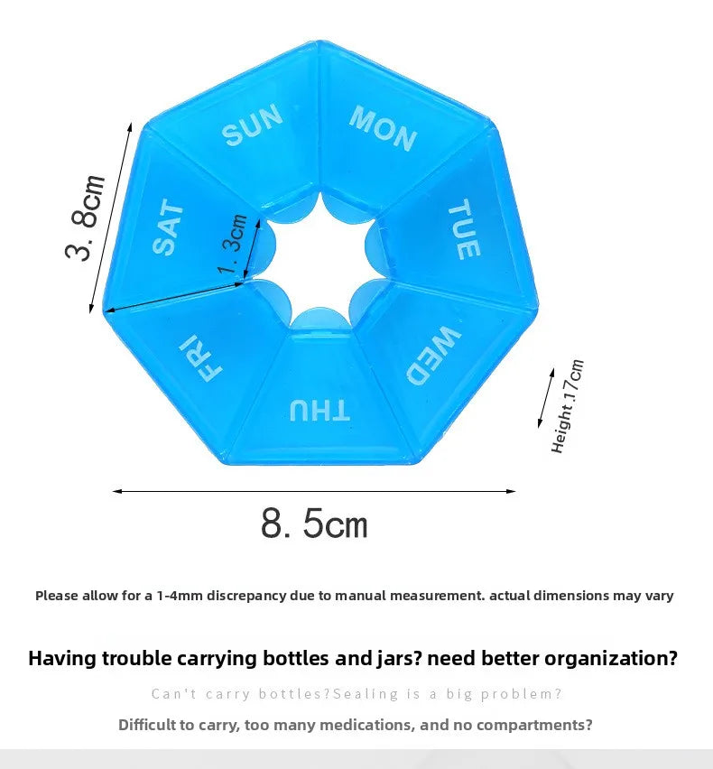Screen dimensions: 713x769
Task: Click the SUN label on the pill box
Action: [x=252, y=125]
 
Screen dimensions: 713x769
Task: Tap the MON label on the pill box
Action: [x=383, y=128]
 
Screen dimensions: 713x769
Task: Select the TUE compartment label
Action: [x=464, y=229]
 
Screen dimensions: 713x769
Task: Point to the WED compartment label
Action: [x=433, y=356]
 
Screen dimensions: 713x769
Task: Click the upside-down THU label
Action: [x=319, y=410]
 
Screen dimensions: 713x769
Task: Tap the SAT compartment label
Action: [x=168, y=227]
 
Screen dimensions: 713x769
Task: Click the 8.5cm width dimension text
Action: [x=314, y=523]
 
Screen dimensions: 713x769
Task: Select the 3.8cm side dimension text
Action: [x=86, y=218]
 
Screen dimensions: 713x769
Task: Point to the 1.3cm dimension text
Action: [x=232, y=244]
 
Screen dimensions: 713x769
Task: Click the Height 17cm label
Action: [x=568, y=406]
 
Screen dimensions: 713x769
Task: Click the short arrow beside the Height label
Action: [x=546, y=398]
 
